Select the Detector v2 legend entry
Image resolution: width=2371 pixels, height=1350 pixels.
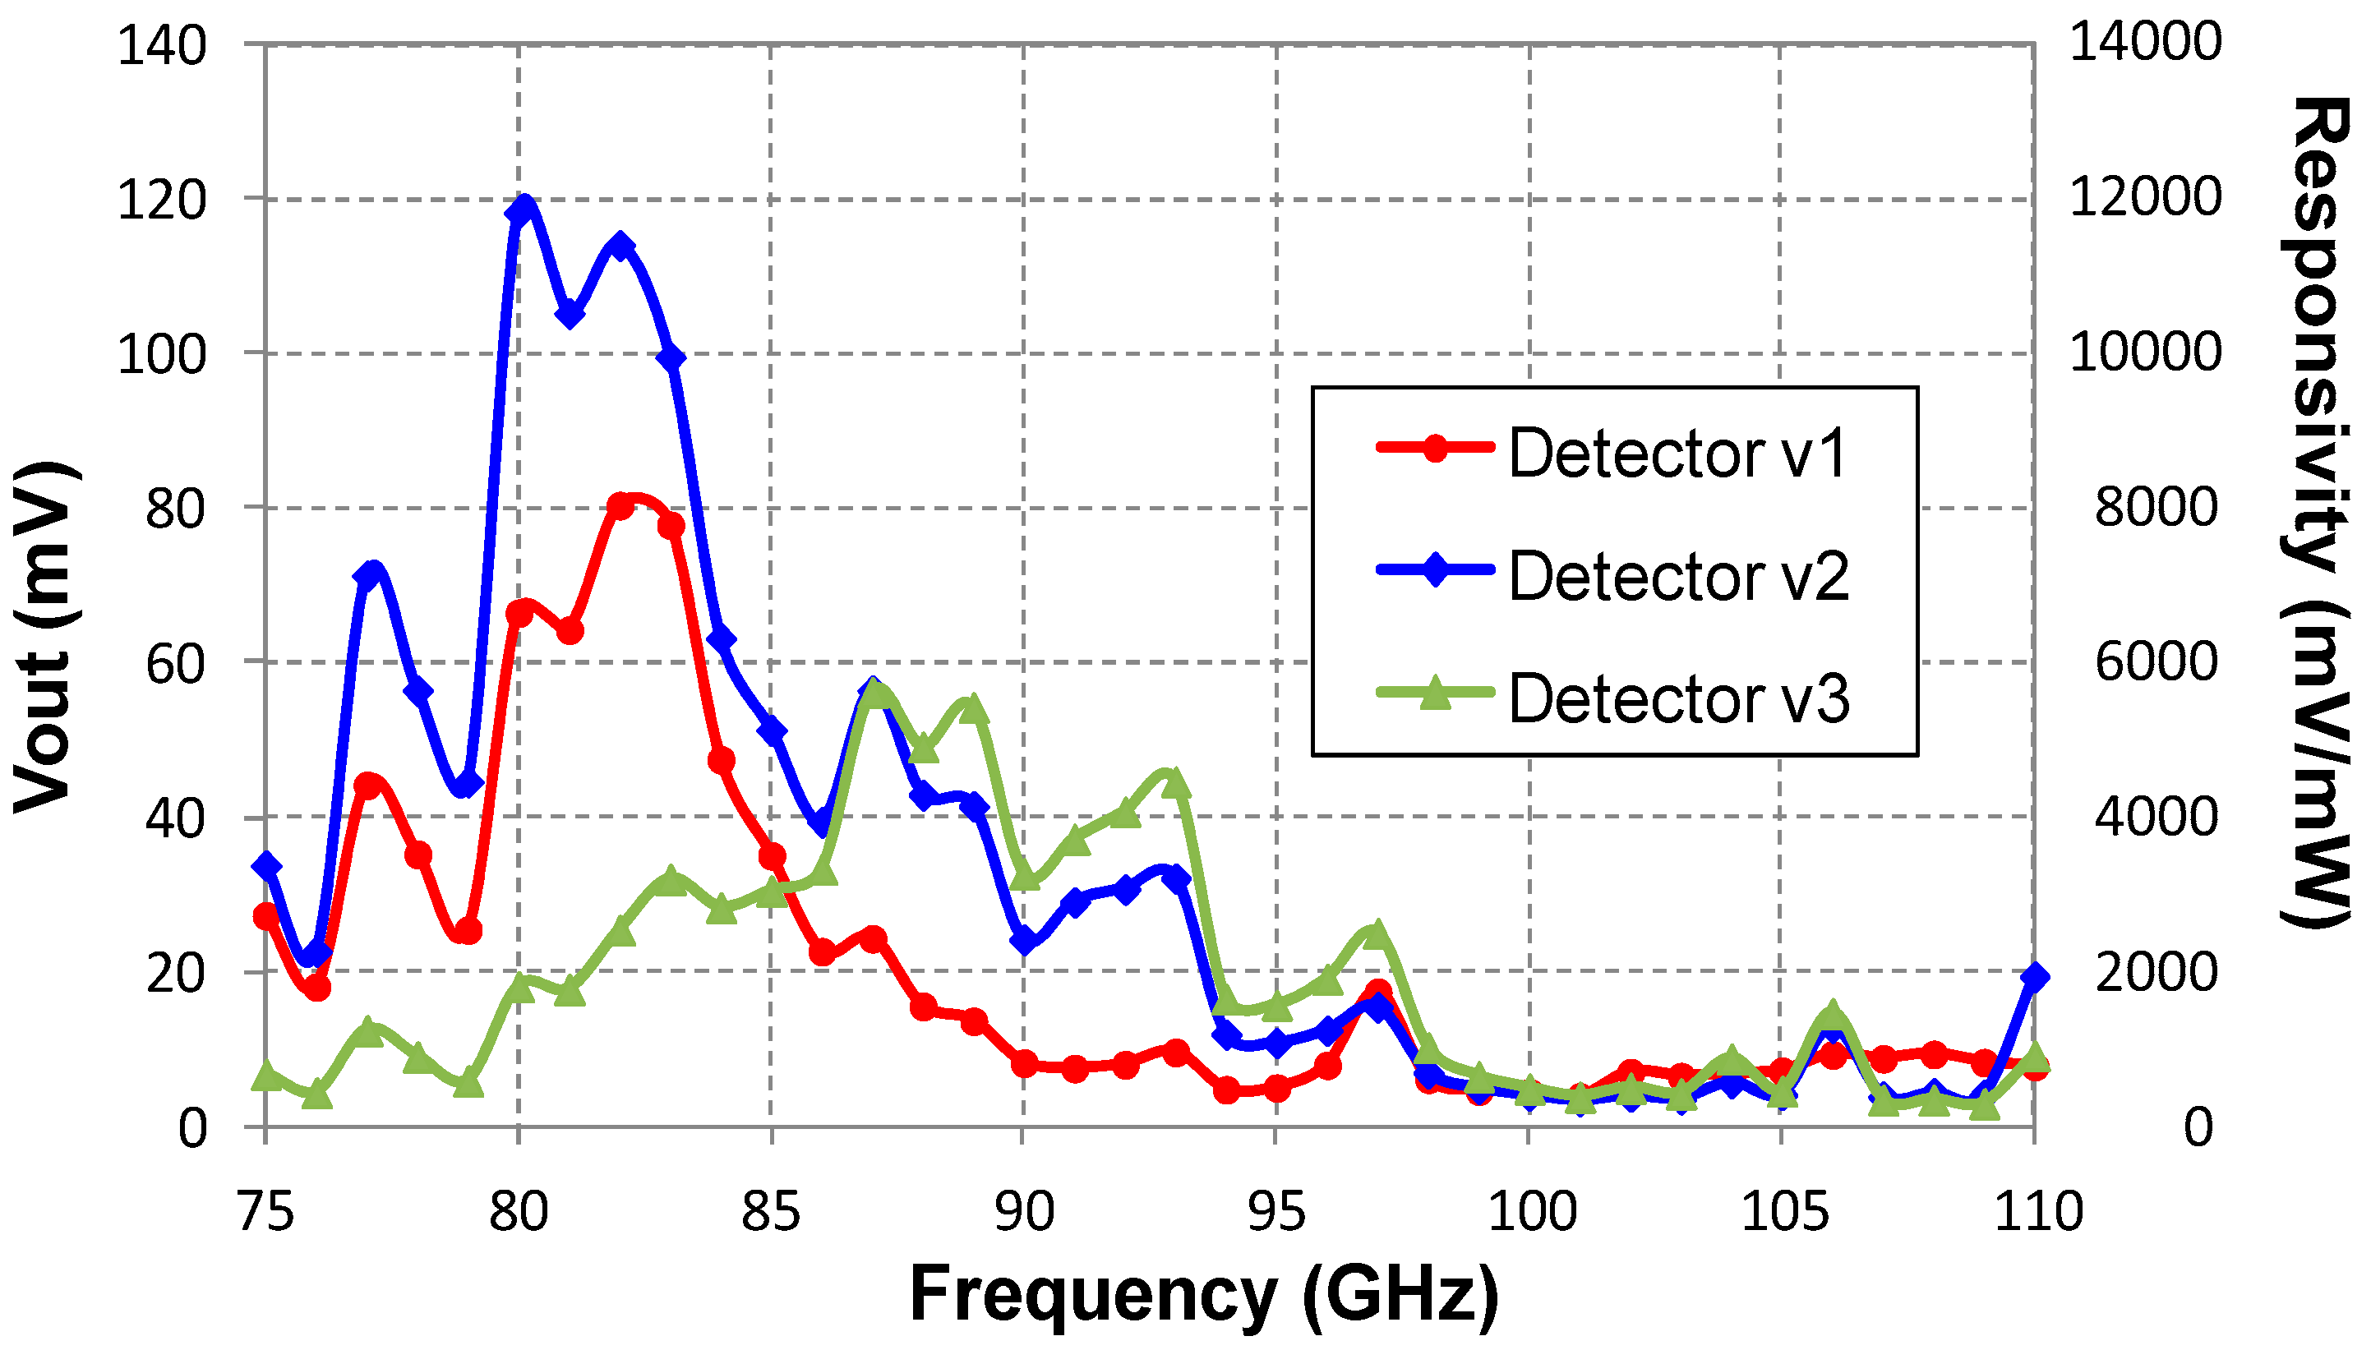(x=1613, y=575)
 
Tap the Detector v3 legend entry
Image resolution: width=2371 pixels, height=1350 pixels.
(x=1613, y=698)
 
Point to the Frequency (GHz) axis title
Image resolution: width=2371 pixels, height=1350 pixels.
(x=1204, y=1293)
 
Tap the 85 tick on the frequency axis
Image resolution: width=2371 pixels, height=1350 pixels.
(x=771, y=1212)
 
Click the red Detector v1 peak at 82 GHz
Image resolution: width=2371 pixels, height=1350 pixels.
(x=621, y=506)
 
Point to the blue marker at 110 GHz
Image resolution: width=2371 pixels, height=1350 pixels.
(x=2034, y=976)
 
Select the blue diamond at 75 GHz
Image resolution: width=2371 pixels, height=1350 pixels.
(x=267, y=866)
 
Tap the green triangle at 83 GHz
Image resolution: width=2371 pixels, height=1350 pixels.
(x=671, y=879)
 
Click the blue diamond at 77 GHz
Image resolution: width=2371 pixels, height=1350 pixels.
(x=368, y=576)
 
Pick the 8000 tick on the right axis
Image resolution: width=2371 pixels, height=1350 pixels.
(x=2157, y=507)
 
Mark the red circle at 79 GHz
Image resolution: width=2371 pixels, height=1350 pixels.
(x=468, y=931)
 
